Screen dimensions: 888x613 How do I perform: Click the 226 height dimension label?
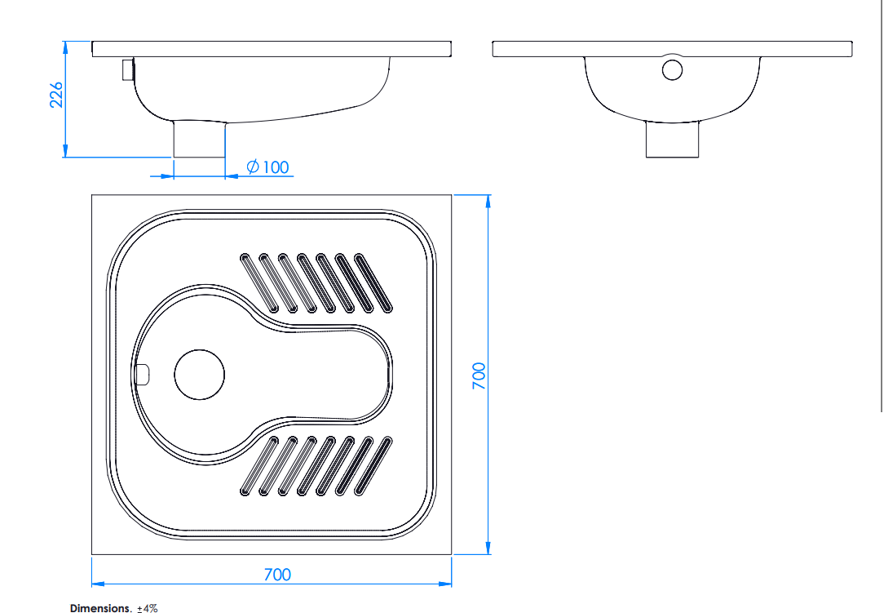56,95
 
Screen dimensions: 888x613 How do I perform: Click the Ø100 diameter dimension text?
268,167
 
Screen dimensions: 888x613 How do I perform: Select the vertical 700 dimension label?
479,375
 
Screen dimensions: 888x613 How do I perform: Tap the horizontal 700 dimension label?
277,575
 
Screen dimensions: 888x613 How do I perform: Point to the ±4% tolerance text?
148,608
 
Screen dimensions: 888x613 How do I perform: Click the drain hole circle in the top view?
199,375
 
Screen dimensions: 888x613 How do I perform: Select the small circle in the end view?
672,69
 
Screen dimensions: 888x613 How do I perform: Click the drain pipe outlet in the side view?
199,139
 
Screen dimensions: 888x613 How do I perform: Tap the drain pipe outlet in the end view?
672,140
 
